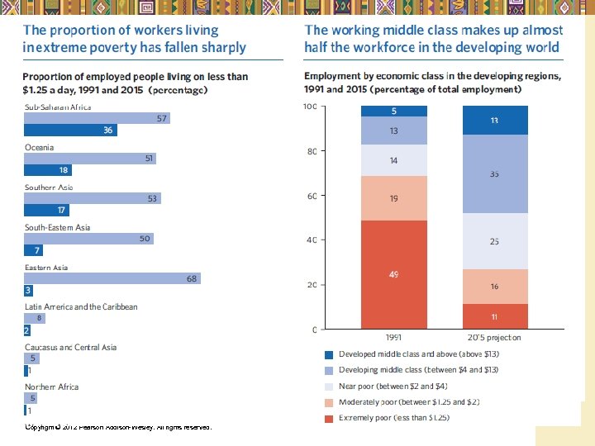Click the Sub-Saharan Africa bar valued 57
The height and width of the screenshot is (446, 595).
click(98, 118)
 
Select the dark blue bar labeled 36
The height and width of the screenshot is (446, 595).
click(70, 130)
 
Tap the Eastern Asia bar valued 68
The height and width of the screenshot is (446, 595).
click(113, 278)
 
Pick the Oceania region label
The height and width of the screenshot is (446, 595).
click(39, 147)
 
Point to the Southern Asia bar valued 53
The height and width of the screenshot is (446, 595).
click(93, 198)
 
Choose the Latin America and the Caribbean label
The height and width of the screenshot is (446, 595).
click(81, 306)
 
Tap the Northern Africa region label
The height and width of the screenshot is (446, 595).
click(51, 387)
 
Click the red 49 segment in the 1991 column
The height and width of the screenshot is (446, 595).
click(393, 274)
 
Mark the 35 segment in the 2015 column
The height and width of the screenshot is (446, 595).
click(494, 174)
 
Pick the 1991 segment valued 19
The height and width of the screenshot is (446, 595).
click(393, 198)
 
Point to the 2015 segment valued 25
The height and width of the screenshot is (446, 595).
click(494, 241)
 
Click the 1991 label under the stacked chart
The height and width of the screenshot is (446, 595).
click(394, 337)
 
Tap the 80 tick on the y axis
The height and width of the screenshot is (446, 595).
click(311, 151)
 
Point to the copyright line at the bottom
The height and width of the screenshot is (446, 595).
click(118, 427)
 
